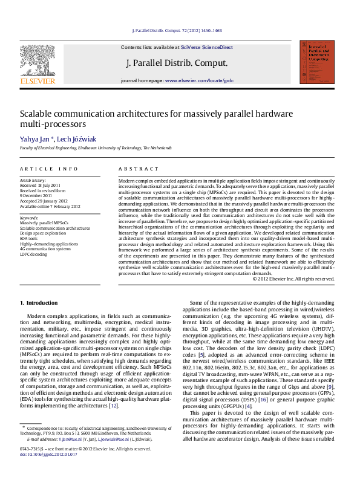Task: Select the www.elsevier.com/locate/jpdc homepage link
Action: pos(199,80)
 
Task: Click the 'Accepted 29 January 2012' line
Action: pos(44,201)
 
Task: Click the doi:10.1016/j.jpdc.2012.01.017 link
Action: pos(45,470)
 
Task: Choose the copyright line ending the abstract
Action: pos(293,279)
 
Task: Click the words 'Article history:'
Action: pos(33,180)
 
